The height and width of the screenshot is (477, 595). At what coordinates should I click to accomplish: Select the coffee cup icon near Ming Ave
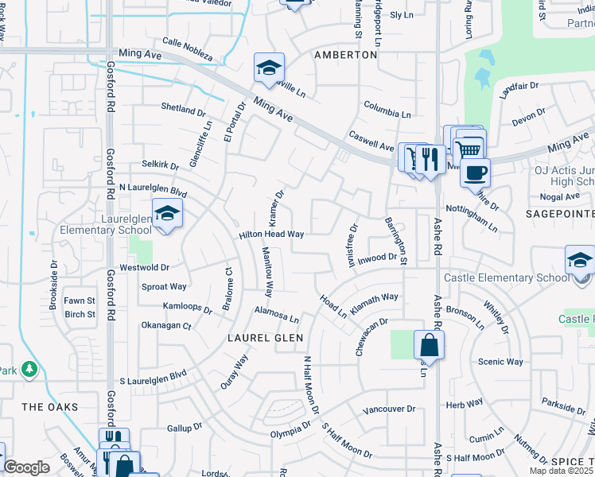[x=476, y=173]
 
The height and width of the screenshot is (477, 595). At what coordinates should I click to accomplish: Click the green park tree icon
[x=29, y=369]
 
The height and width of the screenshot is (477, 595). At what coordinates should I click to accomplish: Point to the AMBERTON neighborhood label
[x=345, y=55]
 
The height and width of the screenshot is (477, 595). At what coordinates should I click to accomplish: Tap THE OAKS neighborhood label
[x=50, y=407]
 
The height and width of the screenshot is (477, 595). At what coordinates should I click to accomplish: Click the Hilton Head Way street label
[x=272, y=235]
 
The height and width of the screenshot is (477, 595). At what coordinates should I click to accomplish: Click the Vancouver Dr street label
[x=389, y=409]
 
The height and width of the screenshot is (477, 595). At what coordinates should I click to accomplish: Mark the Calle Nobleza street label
[x=188, y=48]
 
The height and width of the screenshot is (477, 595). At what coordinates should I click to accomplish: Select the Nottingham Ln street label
[x=471, y=215]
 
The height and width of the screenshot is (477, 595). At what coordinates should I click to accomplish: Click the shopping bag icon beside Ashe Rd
[x=429, y=345]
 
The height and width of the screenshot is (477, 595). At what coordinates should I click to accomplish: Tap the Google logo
[x=26, y=467]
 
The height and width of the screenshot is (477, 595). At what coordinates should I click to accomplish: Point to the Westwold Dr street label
[x=144, y=268]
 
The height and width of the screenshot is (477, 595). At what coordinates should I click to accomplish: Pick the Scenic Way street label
[x=500, y=362]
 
